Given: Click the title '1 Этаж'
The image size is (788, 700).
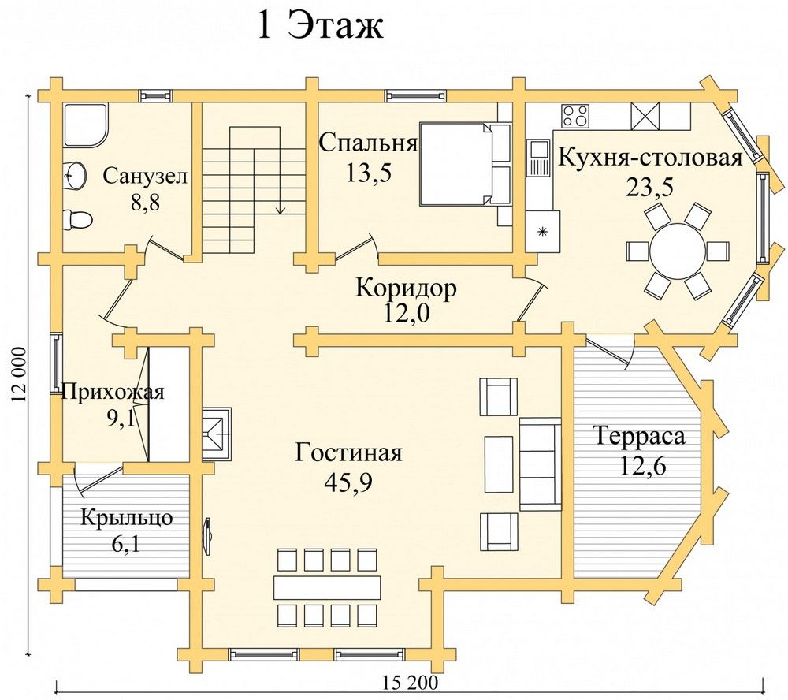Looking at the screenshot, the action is click(x=320, y=26).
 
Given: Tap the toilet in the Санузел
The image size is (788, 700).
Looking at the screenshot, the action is click(x=78, y=220).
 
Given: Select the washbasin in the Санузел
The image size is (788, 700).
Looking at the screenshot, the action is click(x=76, y=176).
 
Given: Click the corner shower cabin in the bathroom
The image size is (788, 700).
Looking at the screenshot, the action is click(x=86, y=125).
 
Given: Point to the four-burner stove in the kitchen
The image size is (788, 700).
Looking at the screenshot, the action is click(x=575, y=115).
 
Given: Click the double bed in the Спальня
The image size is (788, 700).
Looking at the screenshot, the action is click(x=464, y=163).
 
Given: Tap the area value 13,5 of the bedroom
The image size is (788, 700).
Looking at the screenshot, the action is click(x=368, y=173).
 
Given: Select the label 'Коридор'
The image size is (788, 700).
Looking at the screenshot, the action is click(x=406, y=289).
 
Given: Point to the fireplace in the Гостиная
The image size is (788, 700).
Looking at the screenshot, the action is click(x=217, y=434).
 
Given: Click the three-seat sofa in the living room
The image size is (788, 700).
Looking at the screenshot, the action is click(x=540, y=464).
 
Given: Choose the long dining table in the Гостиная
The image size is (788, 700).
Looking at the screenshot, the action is click(x=327, y=586).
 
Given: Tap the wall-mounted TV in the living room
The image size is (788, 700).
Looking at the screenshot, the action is click(x=207, y=537).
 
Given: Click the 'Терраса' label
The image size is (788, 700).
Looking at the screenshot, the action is click(x=639, y=435).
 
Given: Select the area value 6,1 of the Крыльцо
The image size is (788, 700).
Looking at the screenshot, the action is click(x=125, y=544).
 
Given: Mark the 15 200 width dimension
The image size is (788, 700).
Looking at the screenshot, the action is click(x=410, y=683).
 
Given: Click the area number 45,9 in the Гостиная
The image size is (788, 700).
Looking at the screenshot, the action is click(x=348, y=482).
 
